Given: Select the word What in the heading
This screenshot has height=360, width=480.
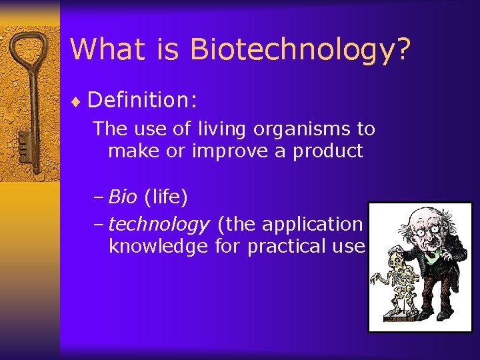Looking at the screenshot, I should (x=105, y=50).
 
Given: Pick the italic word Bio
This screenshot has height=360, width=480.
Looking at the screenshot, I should (x=123, y=197).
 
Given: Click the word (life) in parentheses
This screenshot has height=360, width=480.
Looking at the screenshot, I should (x=165, y=197).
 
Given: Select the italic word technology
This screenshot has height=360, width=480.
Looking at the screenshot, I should (x=159, y=225).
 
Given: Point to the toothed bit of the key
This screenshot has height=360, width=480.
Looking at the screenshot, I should (x=24, y=143).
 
